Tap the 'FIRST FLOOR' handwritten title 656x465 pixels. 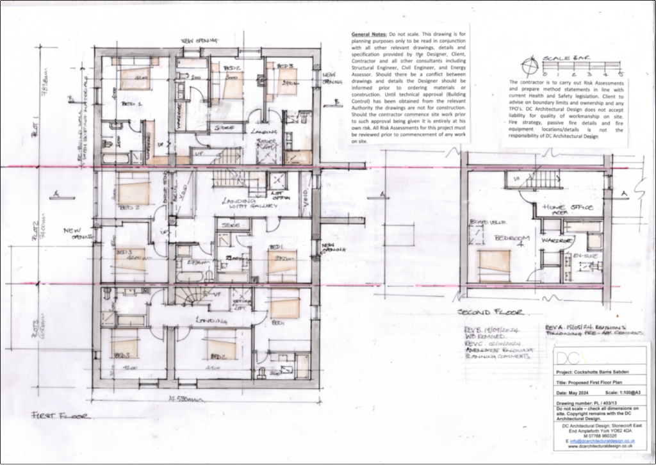[x=61, y=416]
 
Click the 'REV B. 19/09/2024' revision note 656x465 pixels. [x=486, y=332]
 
